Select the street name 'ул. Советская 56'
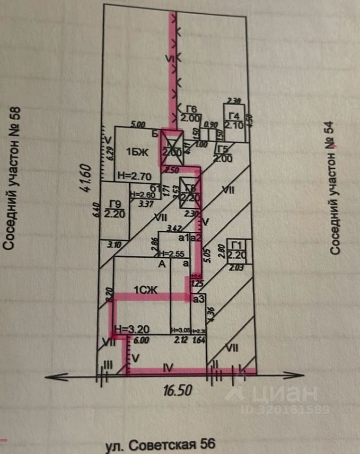tap(160, 445)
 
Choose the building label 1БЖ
tap(137, 152)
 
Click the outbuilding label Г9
tap(113, 205)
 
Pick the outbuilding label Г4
tap(233, 116)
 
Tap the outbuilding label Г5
tap(223, 150)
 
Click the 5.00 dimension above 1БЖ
tap(138, 125)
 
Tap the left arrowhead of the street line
tap(50, 376)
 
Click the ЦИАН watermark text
tap(284, 393)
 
